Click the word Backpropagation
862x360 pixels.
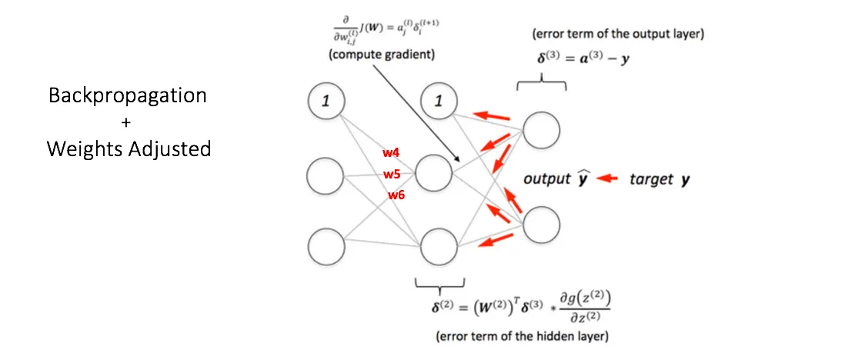coord(128,95)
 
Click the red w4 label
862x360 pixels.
coord(390,153)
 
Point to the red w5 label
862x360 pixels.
coord(393,174)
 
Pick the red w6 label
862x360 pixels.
coord(396,195)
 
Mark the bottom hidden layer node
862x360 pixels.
coord(438,248)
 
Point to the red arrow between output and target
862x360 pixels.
coord(608,179)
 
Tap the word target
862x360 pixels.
coord(650,179)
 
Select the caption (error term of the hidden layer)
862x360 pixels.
coord(523,336)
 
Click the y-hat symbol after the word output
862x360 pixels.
coord(583,178)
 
